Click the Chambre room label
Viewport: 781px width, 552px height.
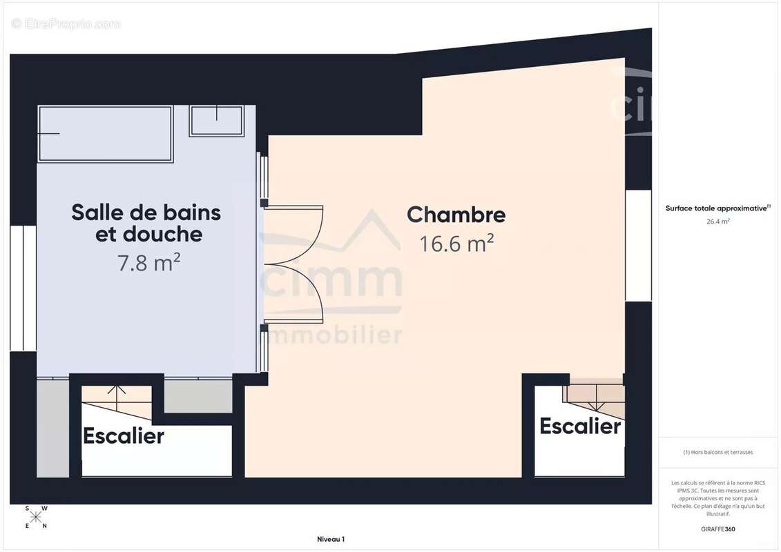456,215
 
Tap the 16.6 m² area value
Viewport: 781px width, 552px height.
456,243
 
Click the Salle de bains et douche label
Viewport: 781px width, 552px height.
146,223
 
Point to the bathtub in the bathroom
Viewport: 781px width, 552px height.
105,133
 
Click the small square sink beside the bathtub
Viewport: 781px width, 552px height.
216,121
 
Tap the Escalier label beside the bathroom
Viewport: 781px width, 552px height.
124,436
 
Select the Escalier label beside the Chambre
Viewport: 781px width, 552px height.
580,426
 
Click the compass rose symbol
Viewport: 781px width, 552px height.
36,517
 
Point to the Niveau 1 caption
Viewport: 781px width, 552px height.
330,540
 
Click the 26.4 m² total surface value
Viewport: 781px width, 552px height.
718,221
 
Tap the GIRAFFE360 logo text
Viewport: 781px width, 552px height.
718,529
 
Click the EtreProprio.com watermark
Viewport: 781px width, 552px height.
66,23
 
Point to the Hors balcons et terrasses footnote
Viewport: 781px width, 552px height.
718,452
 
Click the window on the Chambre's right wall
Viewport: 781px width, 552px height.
638,245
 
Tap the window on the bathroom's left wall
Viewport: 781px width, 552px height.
23,287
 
